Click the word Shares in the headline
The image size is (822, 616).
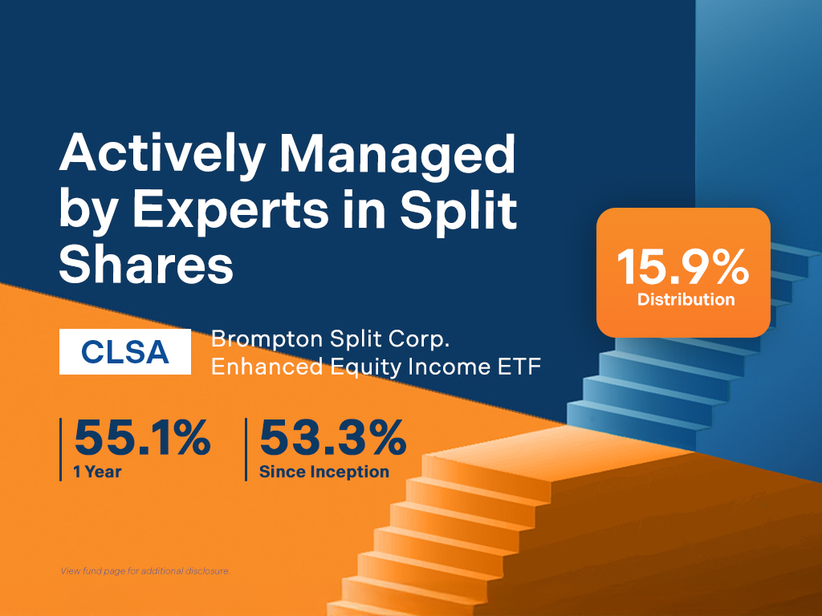coord(146,265)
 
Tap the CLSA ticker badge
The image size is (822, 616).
coord(125,352)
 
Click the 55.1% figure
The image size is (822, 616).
coord(142,440)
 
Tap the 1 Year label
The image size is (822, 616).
coord(97,472)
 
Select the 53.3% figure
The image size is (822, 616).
coord(332,440)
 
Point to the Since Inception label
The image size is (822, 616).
coord(324,472)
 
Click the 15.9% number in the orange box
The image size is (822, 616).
coord(683,269)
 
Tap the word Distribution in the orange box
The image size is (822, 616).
coord(686,300)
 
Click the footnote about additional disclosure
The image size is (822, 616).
coord(145,571)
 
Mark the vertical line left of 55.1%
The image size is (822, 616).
coord(61,449)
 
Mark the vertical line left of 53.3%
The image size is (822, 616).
coord(246,449)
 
